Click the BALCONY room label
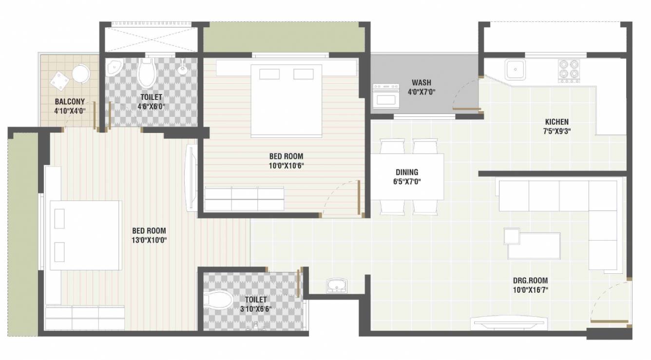point(70,102)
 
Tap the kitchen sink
point(514,69)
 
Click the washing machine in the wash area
point(385,95)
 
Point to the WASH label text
point(421,82)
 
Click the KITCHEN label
point(557,122)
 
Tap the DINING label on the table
point(406,172)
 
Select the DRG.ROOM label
point(530,281)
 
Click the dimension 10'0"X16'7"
point(530,290)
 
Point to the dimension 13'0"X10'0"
point(149,240)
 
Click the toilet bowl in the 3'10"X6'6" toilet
point(217,300)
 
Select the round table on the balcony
point(81,75)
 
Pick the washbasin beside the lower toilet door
point(336,284)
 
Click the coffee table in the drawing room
point(533,245)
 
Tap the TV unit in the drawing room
point(509,324)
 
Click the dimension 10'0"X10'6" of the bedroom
point(286,166)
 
